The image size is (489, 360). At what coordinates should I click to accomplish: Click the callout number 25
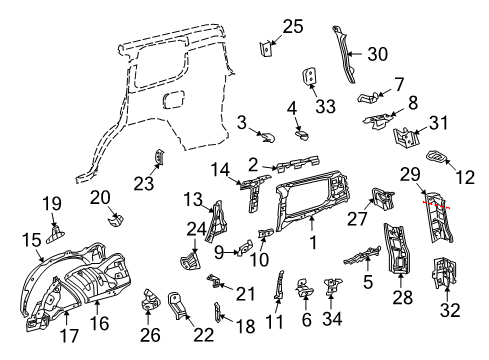pyautogui.click(x=292, y=27)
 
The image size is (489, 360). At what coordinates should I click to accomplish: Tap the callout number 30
pyautogui.click(x=376, y=54)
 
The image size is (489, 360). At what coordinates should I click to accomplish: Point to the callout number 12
pyautogui.click(x=464, y=177)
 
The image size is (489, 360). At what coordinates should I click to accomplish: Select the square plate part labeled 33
pyautogui.click(x=310, y=76)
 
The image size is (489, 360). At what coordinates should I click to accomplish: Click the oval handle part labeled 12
pyautogui.click(x=440, y=157)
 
